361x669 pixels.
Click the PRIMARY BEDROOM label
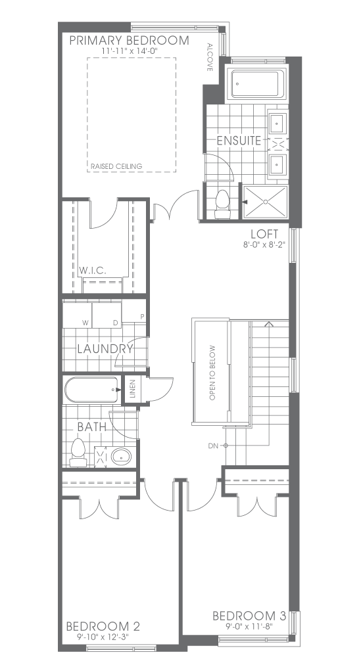pyautogui.click(x=129, y=41)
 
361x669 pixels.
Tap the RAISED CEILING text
pyautogui.click(x=116, y=166)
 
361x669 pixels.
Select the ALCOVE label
pyautogui.click(x=210, y=57)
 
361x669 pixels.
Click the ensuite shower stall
pyautogui.click(x=265, y=201)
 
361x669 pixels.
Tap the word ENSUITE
pyautogui.click(x=239, y=141)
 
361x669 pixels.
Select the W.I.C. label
pyautogui.click(x=93, y=271)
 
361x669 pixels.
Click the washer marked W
pyautogui.click(x=78, y=314)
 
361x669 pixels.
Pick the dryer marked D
pyautogui.click(x=107, y=314)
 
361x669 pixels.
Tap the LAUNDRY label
pyautogui.click(x=105, y=349)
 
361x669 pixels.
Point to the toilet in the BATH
pyautogui.click(x=78, y=452)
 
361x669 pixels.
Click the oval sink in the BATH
pyautogui.click(x=122, y=457)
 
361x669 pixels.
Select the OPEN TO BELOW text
pyautogui.click(x=212, y=373)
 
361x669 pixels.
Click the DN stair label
pyautogui.click(x=213, y=446)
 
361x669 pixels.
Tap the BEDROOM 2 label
pyautogui.click(x=103, y=626)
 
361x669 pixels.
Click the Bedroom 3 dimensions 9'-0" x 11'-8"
pyautogui.click(x=249, y=626)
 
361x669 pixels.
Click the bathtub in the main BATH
pyautogui.click(x=91, y=390)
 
